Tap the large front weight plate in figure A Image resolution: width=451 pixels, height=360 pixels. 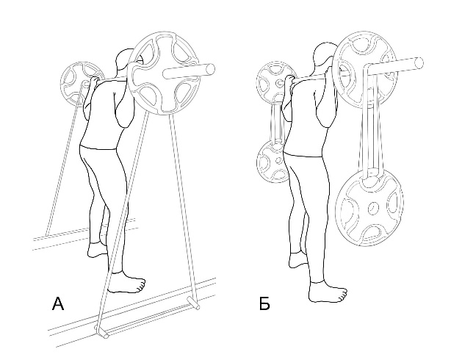coord(163,73)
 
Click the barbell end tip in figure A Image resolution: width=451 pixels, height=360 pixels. coord(211,68)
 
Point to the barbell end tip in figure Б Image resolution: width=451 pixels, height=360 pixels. coord(419,63)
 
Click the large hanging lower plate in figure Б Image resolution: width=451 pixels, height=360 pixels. coord(369,208)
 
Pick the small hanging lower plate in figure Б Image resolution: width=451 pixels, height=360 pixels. coord(272,161)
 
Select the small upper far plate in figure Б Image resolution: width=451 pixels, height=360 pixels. coord(275,82)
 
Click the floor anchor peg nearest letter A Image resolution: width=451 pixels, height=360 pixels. coord(101,331)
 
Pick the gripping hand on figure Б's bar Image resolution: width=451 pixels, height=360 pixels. coord(289,79)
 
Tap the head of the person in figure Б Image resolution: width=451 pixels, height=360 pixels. coord(325,57)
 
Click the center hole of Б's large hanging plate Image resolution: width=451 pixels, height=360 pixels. coord(374,208)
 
